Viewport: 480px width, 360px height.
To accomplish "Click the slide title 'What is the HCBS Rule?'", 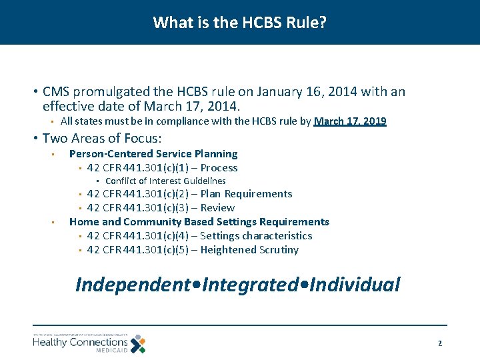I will pyautogui.click(x=239, y=23).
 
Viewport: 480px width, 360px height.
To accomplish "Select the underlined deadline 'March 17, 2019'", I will pyautogui.click(x=350, y=121).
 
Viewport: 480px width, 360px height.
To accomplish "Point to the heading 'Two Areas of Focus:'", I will pyautogui.click(x=102, y=138).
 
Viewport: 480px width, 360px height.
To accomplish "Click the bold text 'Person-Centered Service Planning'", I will pyautogui.click(x=153, y=154).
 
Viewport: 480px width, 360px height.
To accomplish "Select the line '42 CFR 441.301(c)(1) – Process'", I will pyautogui.click(x=162, y=168).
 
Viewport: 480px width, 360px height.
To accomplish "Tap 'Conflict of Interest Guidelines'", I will pyautogui.click(x=165, y=181).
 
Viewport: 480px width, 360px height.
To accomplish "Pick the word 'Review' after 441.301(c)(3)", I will pyautogui.click(x=217, y=208).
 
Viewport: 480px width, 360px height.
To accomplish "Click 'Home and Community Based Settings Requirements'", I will pyautogui.click(x=199, y=222).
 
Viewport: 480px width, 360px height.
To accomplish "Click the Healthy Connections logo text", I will pyautogui.click(x=80, y=341).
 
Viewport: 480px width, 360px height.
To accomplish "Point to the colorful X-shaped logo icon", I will pyautogui.click(x=138, y=343).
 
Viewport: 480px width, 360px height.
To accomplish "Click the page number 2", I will pyautogui.click(x=439, y=343).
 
